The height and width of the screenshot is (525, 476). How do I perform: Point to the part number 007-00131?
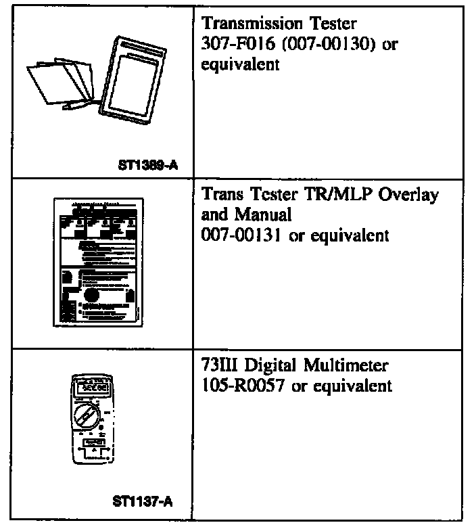click(239, 235)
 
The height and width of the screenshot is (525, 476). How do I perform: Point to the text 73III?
click(218, 367)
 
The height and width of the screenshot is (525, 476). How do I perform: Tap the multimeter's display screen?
click(91, 390)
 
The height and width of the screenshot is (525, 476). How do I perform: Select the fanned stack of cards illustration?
click(61, 82)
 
